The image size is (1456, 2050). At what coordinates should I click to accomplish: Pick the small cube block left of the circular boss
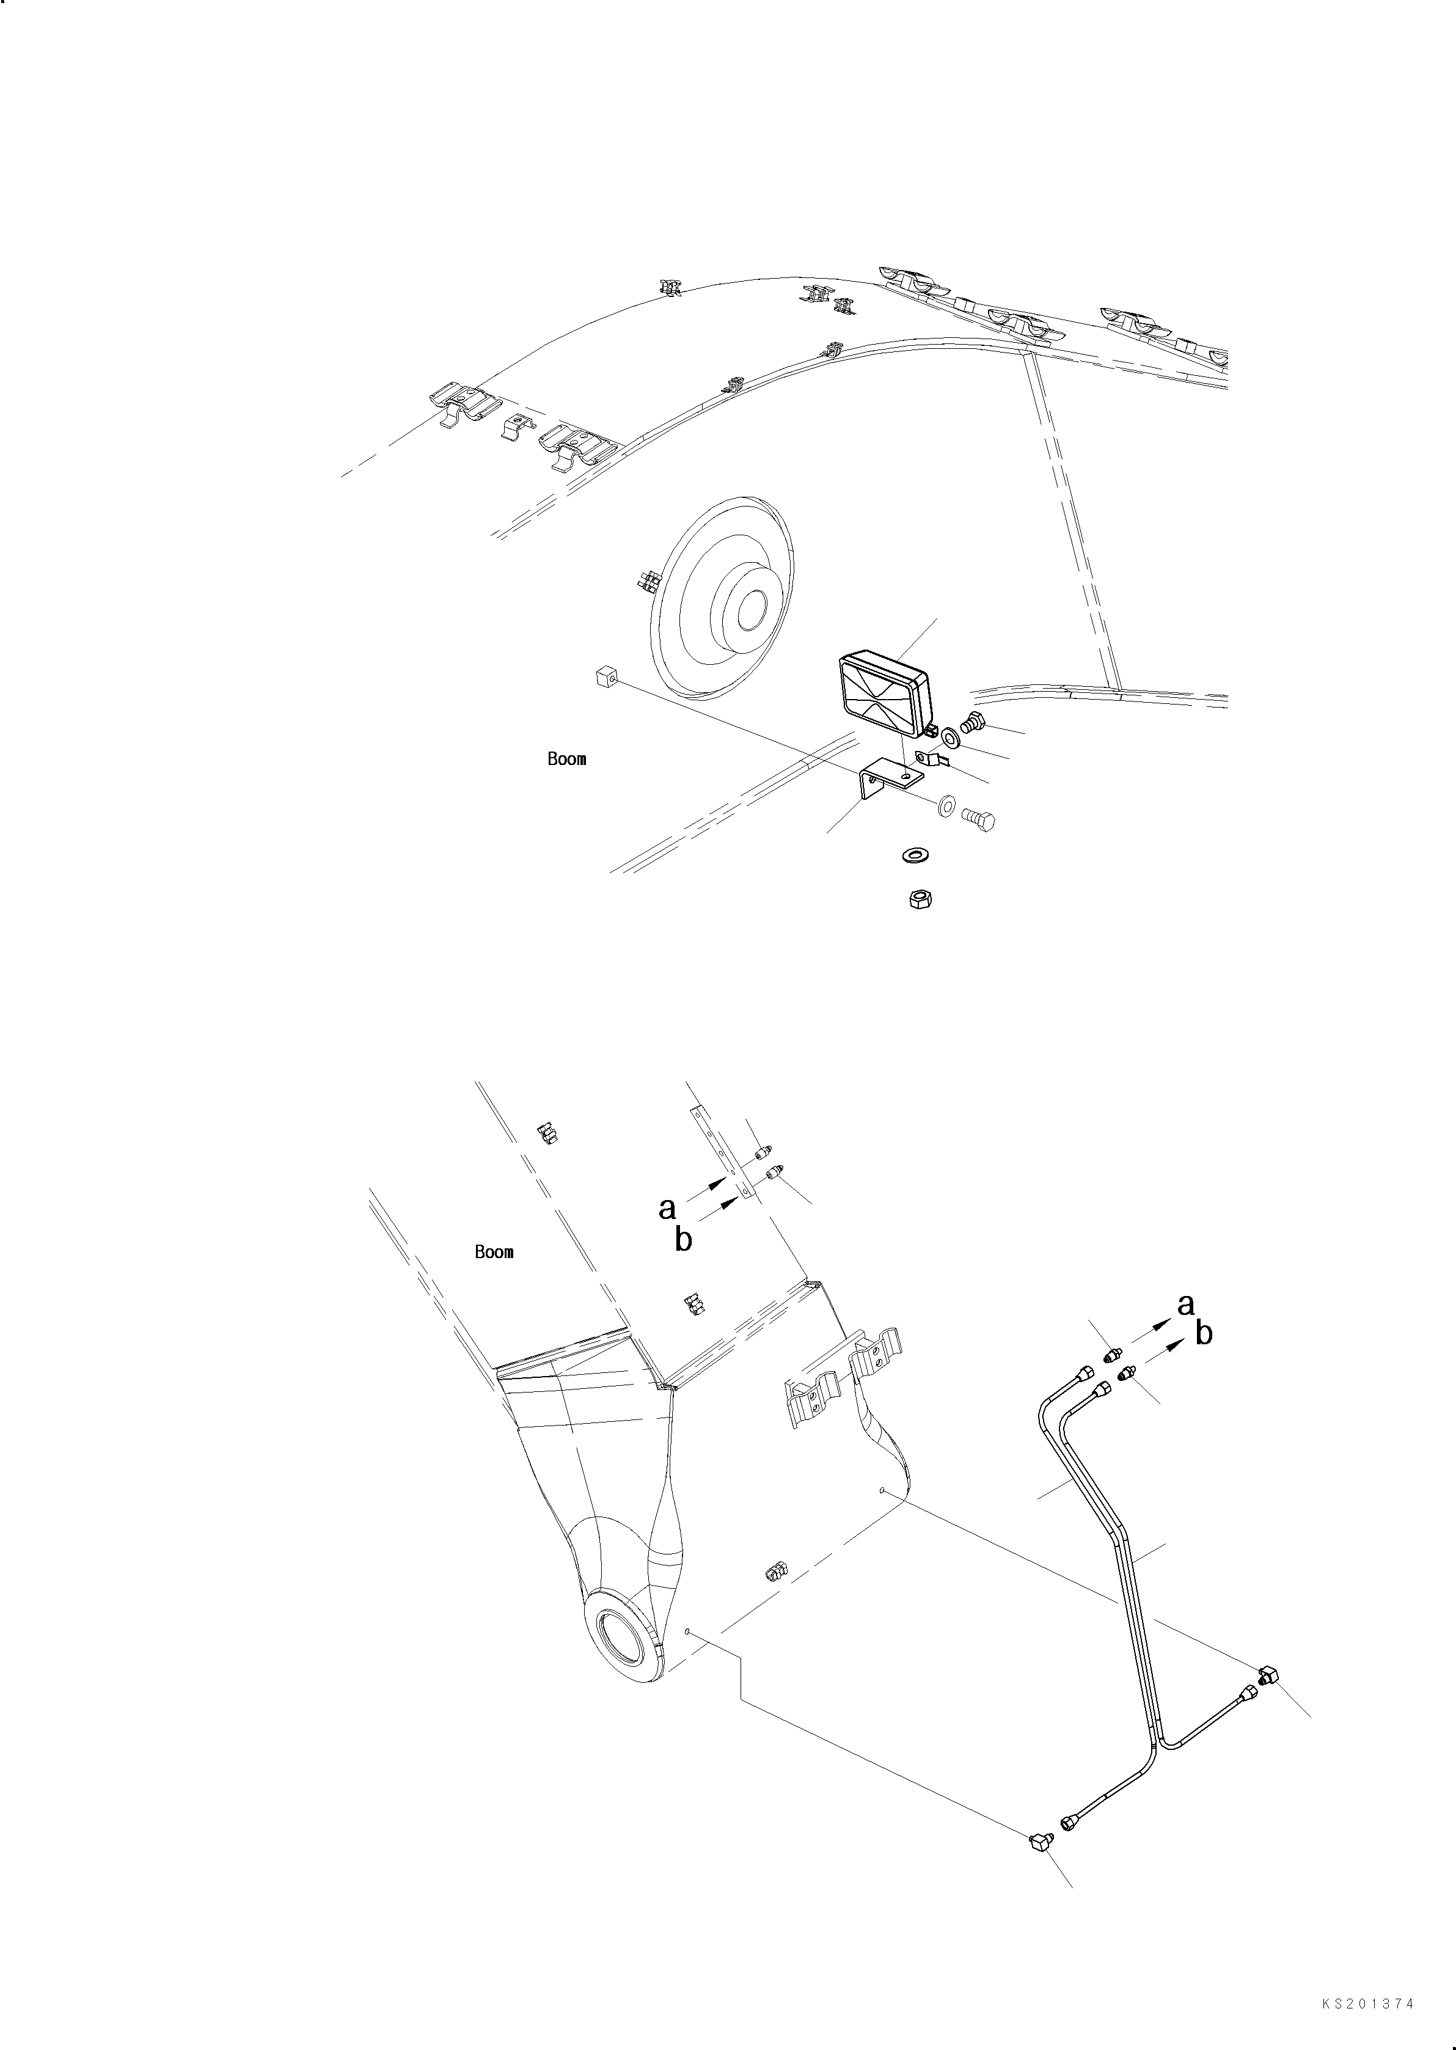click(x=604, y=679)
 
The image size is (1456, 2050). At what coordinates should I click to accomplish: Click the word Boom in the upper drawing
click(x=566, y=760)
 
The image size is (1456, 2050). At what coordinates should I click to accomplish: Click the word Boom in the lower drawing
click(x=494, y=1252)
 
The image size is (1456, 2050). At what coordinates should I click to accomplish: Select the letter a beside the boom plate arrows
click(x=666, y=1208)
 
